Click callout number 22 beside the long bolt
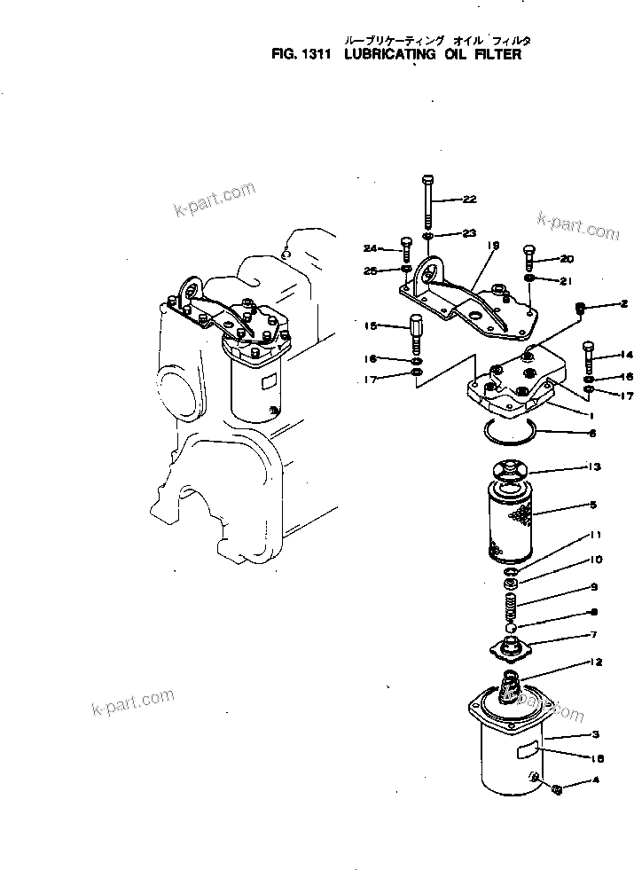pos(470,200)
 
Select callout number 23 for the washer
pos(470,233)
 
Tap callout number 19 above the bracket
pos(494,245)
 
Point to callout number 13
pos(594,466)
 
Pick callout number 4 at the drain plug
pos(596,781)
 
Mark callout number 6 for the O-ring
pos(593,434)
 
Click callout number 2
pos(623,304)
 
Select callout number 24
pos(370,248)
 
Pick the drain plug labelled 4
pos(557,789)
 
